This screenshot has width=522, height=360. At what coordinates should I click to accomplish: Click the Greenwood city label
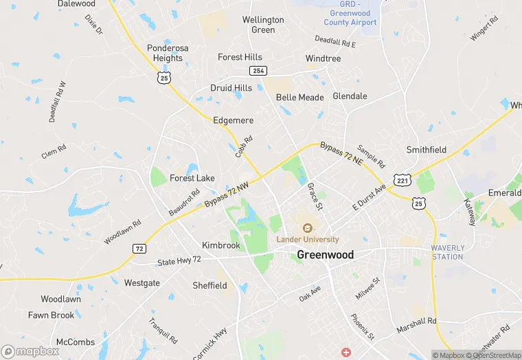(x=326, y=255)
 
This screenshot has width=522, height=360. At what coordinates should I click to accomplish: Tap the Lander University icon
(x=307, y=227)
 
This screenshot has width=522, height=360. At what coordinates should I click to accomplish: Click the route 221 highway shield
(x=402, y=179)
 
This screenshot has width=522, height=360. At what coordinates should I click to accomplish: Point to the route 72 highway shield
(x=139, y=248)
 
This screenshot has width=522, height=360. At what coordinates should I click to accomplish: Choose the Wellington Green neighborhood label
(x=263, y=25)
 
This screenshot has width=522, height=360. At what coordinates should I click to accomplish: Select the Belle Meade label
(x=299, y=98)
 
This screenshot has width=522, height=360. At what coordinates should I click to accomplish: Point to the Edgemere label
(x=234, y=120)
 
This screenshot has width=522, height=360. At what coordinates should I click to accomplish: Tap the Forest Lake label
(x=192, y=178)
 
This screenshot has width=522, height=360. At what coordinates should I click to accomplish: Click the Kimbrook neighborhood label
(x=221, y=245)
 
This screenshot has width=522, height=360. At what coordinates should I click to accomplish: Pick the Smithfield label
(x=427, y=150)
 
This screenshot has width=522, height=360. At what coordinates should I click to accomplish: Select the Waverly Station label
(x=447, y=252)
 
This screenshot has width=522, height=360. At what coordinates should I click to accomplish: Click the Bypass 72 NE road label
(x=341, y=153)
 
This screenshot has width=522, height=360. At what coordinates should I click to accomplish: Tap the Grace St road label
(x=314, y=196)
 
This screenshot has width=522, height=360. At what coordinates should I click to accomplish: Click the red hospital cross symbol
(x=346, y=352)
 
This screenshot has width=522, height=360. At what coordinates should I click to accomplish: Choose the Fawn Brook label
(x=51, y=315)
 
